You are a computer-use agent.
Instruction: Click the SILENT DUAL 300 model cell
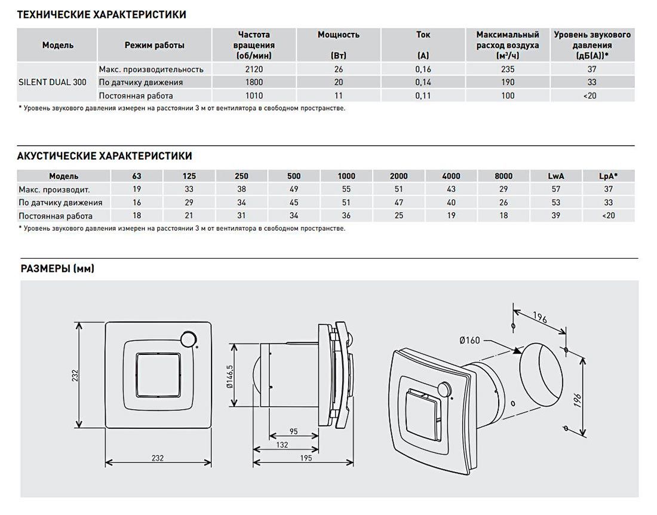click(x=53, y=82)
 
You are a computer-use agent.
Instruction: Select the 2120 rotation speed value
click(x=254, y=69)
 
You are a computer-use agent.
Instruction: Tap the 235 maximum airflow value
click(x=508, y=69)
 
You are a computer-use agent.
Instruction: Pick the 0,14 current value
click(x=423, y=82)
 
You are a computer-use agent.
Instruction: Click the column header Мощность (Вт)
click(x=339, y=45)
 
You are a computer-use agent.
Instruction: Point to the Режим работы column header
click(x=154, y=45)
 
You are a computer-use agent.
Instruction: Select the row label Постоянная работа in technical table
click(x=136, y=96)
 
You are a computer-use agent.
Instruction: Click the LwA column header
click(x=556, y=176)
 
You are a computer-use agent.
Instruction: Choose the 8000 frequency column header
click(x=504, y=176)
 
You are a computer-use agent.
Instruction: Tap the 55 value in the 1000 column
click(x=346, y=189)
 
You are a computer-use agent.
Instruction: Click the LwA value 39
click(x=555, y=216)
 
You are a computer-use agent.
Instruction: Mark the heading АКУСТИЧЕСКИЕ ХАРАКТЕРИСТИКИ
click(x=105, y=156)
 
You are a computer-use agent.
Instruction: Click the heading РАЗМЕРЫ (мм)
click(x=57, y=269)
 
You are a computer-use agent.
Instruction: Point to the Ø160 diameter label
click(x=469, y=341)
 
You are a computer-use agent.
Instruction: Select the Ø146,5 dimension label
click(x=229, y=376)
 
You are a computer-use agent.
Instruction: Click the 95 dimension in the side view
click(x=293, y=431)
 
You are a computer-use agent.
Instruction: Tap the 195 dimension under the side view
click(x=306, y=458)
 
